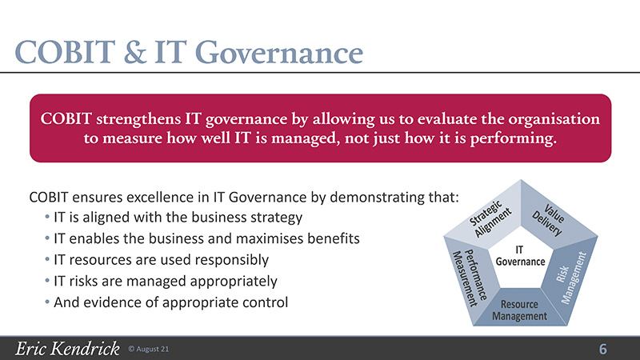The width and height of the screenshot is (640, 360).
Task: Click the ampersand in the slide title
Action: click(x=134, y=52)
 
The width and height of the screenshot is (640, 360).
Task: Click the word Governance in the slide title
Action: click(x=278, y=52)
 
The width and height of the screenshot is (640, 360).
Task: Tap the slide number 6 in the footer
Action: click(x=603, y=349)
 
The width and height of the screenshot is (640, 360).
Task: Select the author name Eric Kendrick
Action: click(x=67, y=349)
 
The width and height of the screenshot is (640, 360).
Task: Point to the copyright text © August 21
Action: click(x=148, y=349)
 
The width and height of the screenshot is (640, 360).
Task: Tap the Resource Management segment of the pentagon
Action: click(x=519, y=310)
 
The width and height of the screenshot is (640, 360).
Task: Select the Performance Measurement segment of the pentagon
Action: click(x=470, y=278)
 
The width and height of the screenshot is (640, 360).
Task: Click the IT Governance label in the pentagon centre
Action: click(x=521, y=256)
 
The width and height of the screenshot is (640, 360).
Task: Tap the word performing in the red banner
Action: click(x=513, y=138)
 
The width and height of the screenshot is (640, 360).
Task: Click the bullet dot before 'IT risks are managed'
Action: click(x=47, y=281)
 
